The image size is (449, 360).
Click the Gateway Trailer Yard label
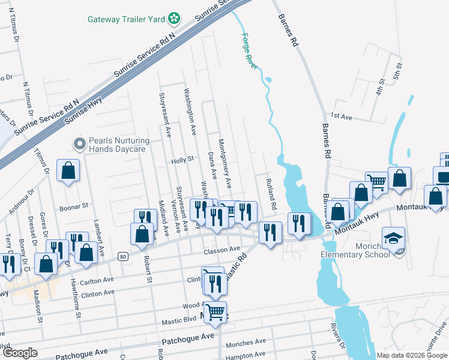pos(126,19)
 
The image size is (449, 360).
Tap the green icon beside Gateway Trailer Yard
pos(173,19)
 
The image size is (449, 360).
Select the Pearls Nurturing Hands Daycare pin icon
pos(79,144)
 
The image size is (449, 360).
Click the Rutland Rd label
pos(270,194)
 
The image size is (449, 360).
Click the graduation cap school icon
pos(394,238)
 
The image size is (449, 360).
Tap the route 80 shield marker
pos(122,257)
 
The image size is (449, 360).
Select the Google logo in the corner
pos(20,353)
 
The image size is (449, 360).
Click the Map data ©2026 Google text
pos(412,355)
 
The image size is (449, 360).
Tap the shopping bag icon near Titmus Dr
pos(68,170)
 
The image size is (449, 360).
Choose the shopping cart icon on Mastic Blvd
pos(215,311)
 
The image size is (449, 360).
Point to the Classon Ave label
pos(222,248)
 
